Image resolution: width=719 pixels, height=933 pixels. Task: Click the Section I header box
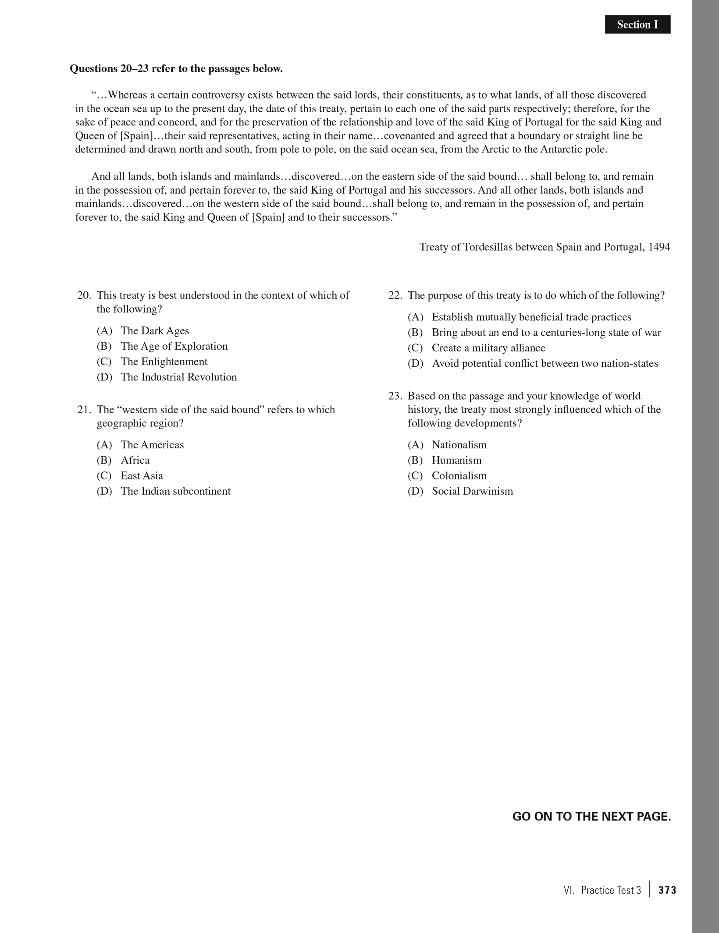[x=637, y=25]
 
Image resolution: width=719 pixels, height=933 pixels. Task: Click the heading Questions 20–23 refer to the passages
[x=176, y=69]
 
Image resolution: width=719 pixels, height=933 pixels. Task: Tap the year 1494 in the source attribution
[x=659, y=247]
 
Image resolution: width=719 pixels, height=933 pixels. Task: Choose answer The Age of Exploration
[x=174, y=346]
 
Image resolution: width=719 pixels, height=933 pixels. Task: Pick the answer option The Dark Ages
[x=155, y=331]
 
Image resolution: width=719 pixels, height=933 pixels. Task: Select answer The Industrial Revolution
[x=178, y=377]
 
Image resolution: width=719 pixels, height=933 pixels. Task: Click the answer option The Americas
[x=152, y=445]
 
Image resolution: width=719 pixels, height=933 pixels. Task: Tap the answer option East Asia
[x=142, y=476]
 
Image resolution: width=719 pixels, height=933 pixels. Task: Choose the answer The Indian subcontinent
[x=175, y=491]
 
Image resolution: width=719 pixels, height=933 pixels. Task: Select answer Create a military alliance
[x=488, y=348]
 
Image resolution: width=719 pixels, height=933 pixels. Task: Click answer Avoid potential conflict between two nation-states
[x=545, y=364]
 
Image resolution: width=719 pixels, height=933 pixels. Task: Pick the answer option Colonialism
[x=459, y=476]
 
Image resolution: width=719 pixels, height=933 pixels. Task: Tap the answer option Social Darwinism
[x=472, y=491]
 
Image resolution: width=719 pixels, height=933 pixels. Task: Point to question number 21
[x=84, y=410]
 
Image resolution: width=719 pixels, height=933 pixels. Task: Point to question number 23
[x=395, y=396]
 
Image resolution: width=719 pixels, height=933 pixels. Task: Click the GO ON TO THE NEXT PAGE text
[x=591, y=817]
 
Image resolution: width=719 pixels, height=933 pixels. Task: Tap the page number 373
[x=667, y=890]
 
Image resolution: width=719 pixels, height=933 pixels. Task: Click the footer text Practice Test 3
[x=611, y=890]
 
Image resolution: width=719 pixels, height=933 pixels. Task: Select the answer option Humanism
[x=456, y=461]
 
